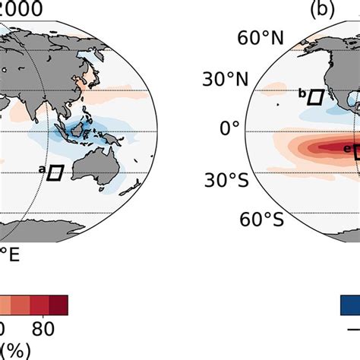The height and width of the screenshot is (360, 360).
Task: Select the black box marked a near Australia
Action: [55, 173]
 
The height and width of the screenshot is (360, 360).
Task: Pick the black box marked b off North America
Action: [316, 96]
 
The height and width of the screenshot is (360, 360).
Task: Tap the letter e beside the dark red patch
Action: [347, 150]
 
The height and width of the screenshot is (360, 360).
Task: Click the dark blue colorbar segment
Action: [349, 305]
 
